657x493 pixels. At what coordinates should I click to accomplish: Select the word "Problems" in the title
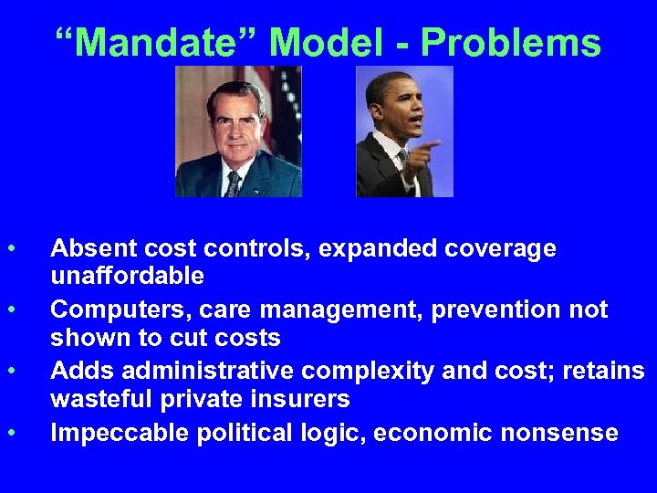511,43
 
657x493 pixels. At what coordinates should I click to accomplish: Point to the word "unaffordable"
127,275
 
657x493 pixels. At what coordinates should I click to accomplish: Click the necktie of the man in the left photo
234,184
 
